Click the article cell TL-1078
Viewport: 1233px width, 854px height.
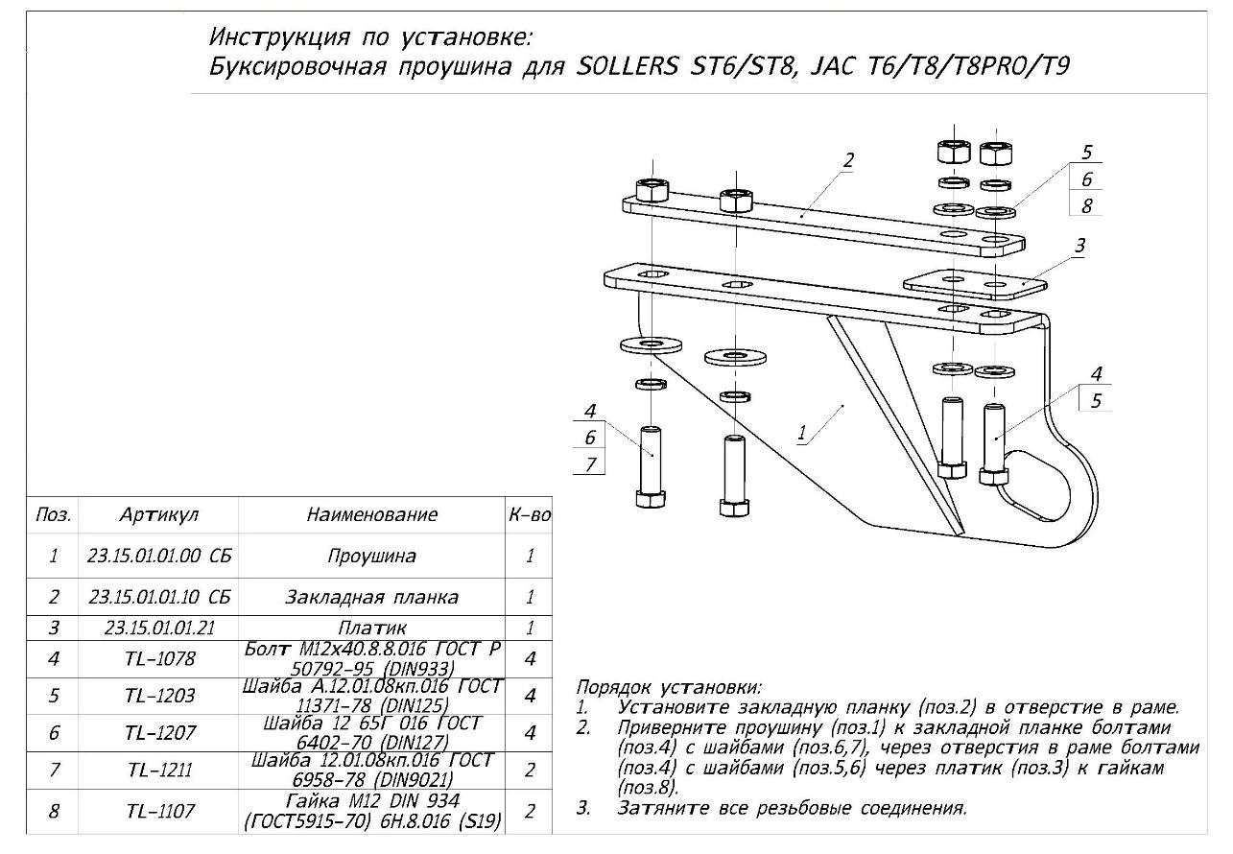tap(160, 659)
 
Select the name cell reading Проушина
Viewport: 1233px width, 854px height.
tap(371, 556)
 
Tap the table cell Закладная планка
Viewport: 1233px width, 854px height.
tap(371, 597)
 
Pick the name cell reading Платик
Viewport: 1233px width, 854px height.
tap(371, 628)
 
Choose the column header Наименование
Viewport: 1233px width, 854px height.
tap(371, 514)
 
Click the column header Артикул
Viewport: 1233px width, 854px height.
tap(159, 514)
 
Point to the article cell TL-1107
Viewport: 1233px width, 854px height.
tap(160, 812)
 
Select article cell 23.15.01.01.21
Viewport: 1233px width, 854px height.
tap(160, 628)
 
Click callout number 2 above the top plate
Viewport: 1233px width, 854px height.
tap(848, 160)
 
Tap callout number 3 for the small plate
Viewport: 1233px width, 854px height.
tap(1079, 247)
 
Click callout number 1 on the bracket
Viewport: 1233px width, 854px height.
tap(802, 433)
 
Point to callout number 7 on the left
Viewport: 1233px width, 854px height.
tap(590, 464)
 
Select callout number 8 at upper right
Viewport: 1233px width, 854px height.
tap(1086, 205)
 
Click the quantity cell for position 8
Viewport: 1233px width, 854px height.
tap(530, 812)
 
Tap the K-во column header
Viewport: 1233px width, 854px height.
tap(530, 514)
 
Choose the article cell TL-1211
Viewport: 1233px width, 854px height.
tap(160, 771)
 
